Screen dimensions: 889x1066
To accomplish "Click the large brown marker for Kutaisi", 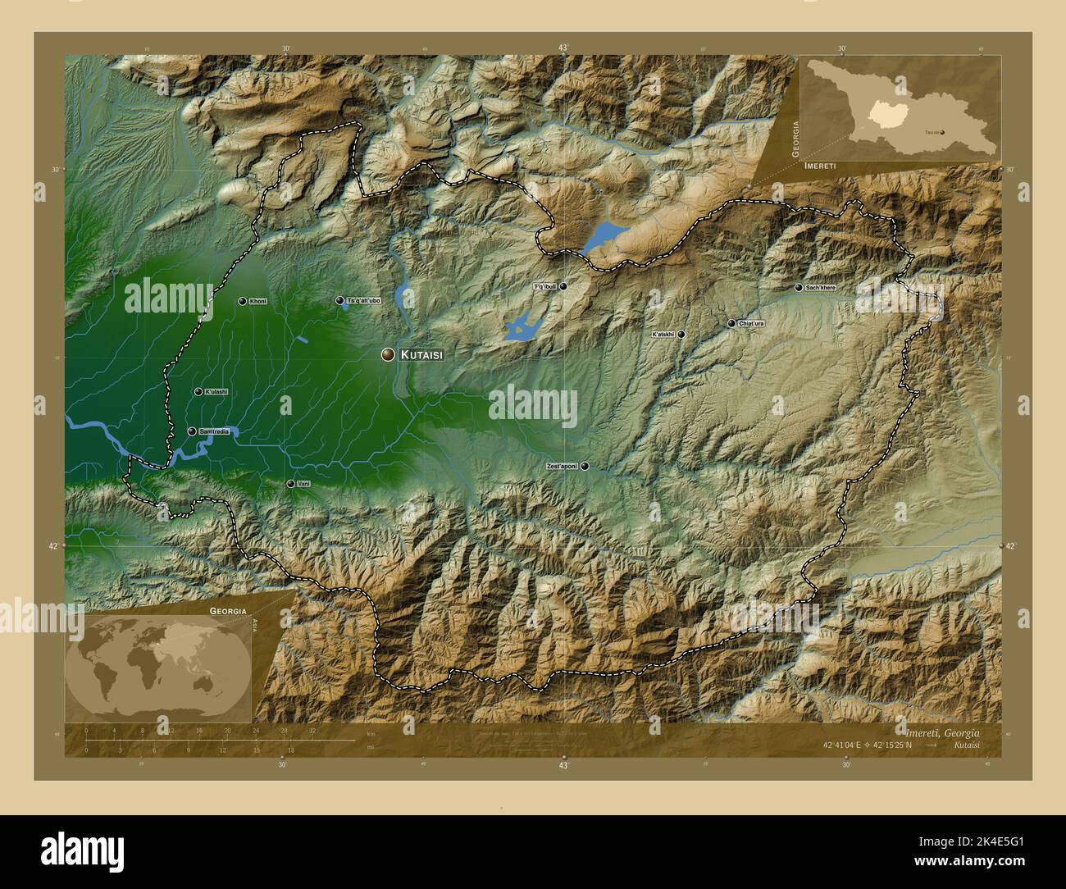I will pos(388,354).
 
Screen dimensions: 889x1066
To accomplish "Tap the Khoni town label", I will pos(258,302).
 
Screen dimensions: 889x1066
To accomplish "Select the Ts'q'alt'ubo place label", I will pos(363,301).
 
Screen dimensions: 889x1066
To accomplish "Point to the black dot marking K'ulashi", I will pos(198,392).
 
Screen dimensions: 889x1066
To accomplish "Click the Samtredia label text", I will pos(213,431).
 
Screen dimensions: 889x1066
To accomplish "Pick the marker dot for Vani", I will pos(290,484).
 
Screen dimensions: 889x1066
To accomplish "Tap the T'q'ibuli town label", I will pos(545,287).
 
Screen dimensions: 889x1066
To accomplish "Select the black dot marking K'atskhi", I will pos(681,335).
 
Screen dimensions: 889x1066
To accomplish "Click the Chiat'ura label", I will pos(751,324).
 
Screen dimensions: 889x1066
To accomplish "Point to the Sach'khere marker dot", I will pos(799,288).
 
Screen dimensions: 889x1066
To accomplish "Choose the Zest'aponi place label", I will pos(562,466).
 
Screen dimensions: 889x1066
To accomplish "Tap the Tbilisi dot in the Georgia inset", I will pos(941,131).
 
